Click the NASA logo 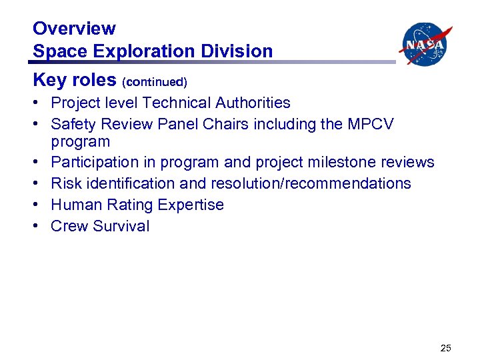[425, 45]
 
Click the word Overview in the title [74, 29]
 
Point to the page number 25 [446, 347]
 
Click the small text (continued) [155, 82]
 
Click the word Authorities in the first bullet [253, 103]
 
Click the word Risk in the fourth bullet [65, 183]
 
